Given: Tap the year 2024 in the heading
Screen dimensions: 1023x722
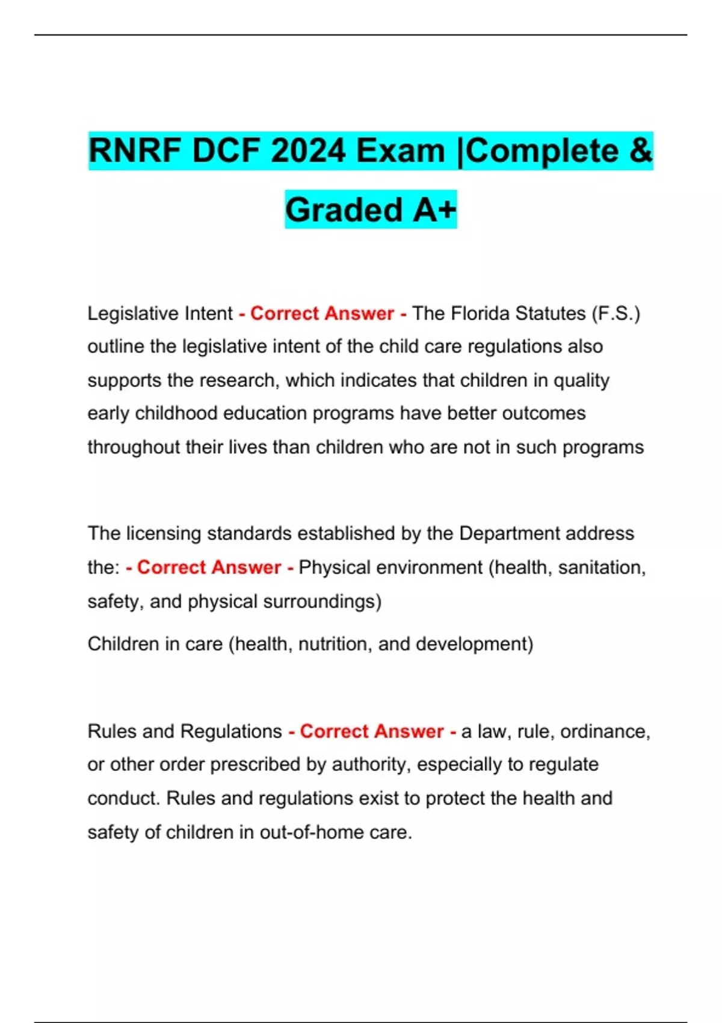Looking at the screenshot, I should [x=307, y=150].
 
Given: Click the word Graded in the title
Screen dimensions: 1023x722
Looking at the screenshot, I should [x=344, y=209].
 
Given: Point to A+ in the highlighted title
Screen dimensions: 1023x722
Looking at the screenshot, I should [x=434, y=209].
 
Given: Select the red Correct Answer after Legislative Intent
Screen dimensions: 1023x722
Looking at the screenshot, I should [x=322, y=314].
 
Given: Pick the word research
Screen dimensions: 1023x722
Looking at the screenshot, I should [x=239, y=380].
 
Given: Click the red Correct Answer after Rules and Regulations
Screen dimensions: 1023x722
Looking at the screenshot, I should [x=372, y=731].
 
